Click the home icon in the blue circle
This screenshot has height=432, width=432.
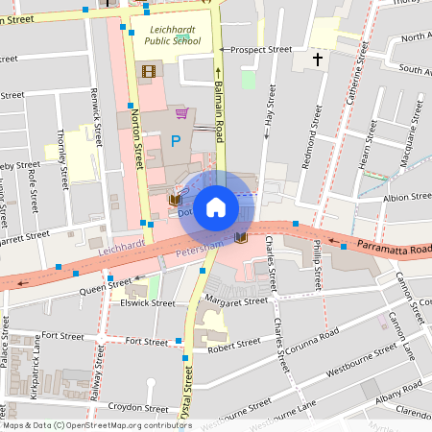coord(216,207)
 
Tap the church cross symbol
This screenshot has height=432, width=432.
coord(317,60)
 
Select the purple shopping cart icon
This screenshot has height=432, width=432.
coord(181,113)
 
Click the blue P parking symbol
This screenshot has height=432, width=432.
coord(175,142)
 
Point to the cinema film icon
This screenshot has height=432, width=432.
coord(148,70)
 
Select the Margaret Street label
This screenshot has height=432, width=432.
coord(235,300)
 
